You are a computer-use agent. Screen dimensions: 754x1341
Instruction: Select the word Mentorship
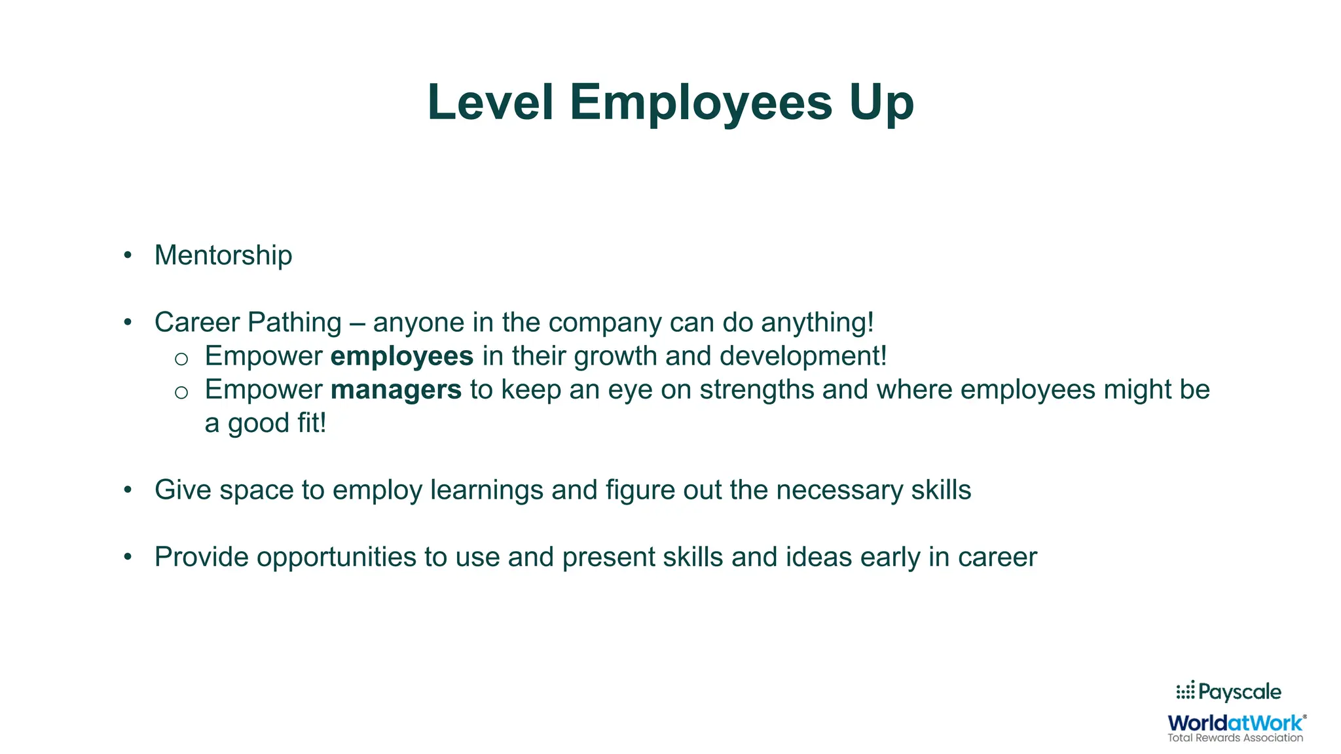pyautogui.click(x=223, y=255)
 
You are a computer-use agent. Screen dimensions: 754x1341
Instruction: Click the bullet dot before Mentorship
pyautogui.click(x=128, y=255)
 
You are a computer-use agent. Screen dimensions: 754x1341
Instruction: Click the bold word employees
pyautogui.click(x=402, y=356)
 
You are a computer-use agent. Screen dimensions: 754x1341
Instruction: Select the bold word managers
pyautogui.click(x=396, y=389)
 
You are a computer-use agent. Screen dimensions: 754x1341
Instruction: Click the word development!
pyautogui.click(x=803, y=356)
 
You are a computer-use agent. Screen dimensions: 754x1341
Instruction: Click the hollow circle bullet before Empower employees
pyautogui.click(x=181, y=358)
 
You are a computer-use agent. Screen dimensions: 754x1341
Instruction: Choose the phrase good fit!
pyautogui.click(x=277, y=423)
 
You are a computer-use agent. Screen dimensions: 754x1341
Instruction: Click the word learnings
pyautogui.click(x=487, y=490)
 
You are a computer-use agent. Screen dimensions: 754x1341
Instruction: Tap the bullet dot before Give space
pyautogui.click(x=128, y=490)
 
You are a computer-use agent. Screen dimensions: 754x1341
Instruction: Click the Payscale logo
pyautogui.click(x=1228, y=692)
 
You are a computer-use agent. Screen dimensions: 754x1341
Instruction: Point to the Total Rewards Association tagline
pyautogui.click(x=1236, y=738)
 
